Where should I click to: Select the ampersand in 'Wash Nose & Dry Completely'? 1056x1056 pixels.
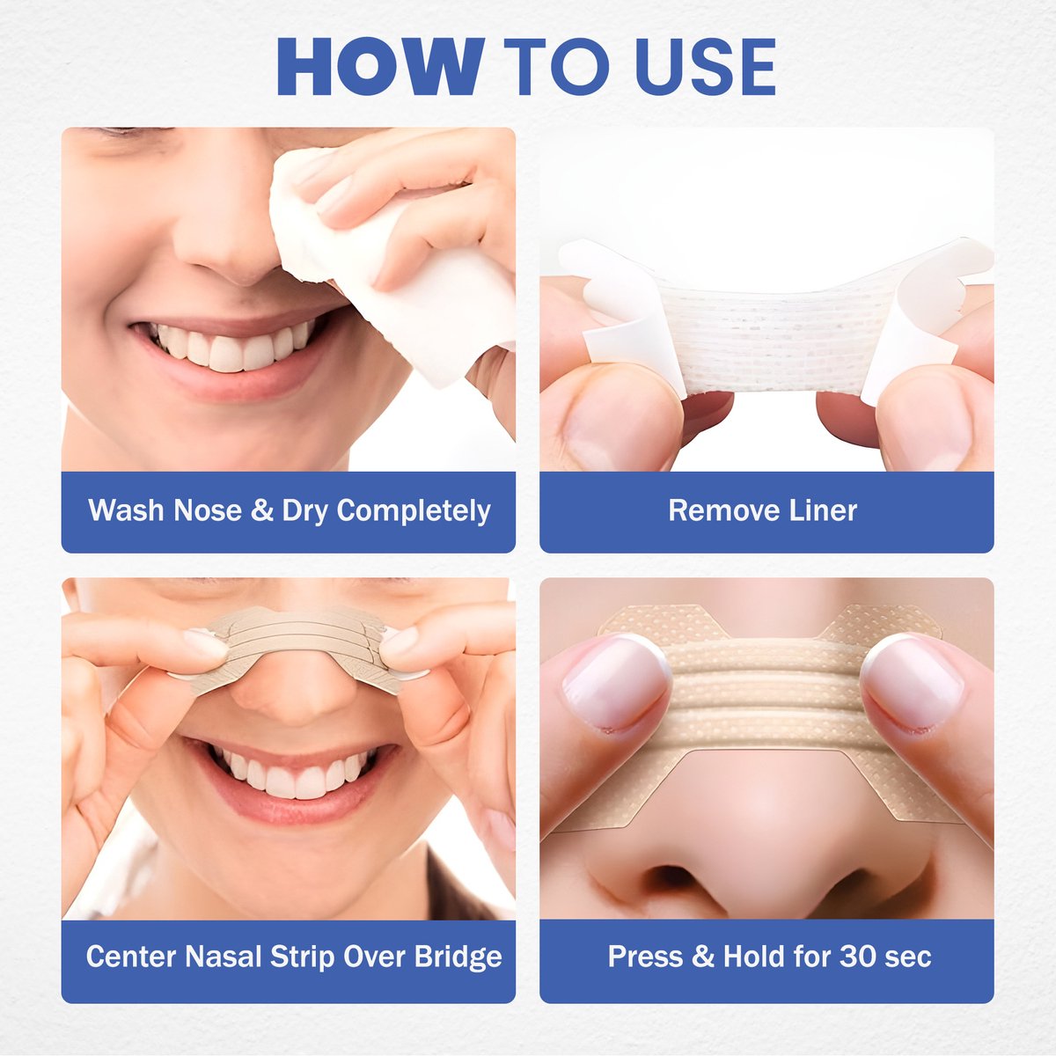[261, 511]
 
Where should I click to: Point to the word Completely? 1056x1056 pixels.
[414, 511]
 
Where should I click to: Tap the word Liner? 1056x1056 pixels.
[818, 510]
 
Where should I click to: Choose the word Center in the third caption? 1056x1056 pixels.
[131, 957]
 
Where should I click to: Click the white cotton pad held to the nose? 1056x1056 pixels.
[387, 264]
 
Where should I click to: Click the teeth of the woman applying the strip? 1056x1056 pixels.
[290, 774]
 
